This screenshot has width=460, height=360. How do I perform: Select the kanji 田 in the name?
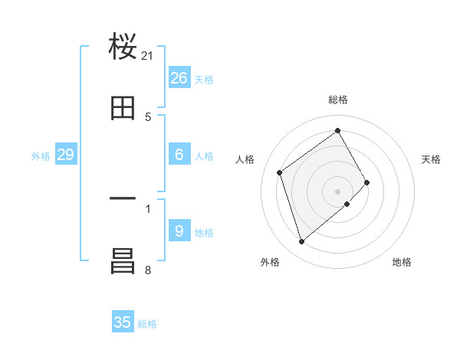(x=123, y=108)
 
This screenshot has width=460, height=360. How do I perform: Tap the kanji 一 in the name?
(x=123, y=198)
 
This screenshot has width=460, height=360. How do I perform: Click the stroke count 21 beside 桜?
(x=148, y=56)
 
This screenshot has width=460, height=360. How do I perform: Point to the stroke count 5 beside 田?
(x=148, y=117)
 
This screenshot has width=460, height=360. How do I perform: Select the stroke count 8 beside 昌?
(x=148, y=270)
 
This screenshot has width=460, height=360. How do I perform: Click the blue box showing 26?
(x=179, y=77)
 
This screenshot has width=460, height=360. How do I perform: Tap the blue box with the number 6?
(x=179, y=155)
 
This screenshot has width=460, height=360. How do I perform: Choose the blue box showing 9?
(x=179, y=231)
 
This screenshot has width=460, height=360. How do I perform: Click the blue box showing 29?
(x=66, y=155)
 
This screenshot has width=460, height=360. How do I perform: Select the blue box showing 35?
(x=123, y=322)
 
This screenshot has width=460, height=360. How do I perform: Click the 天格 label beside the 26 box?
(x=203, y=79)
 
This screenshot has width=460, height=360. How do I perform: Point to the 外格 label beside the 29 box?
(x=41, y=156)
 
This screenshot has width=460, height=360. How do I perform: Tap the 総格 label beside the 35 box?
(x=147, y=324)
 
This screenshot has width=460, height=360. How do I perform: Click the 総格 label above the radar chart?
(x=338, y=100)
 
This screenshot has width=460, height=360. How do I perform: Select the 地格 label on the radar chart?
(x=402, y=263)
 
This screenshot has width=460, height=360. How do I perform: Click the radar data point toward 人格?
(x=280, y=172)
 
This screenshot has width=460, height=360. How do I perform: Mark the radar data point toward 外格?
(x=302, y=242)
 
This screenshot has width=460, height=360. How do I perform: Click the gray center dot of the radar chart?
(x=337, y=191)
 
